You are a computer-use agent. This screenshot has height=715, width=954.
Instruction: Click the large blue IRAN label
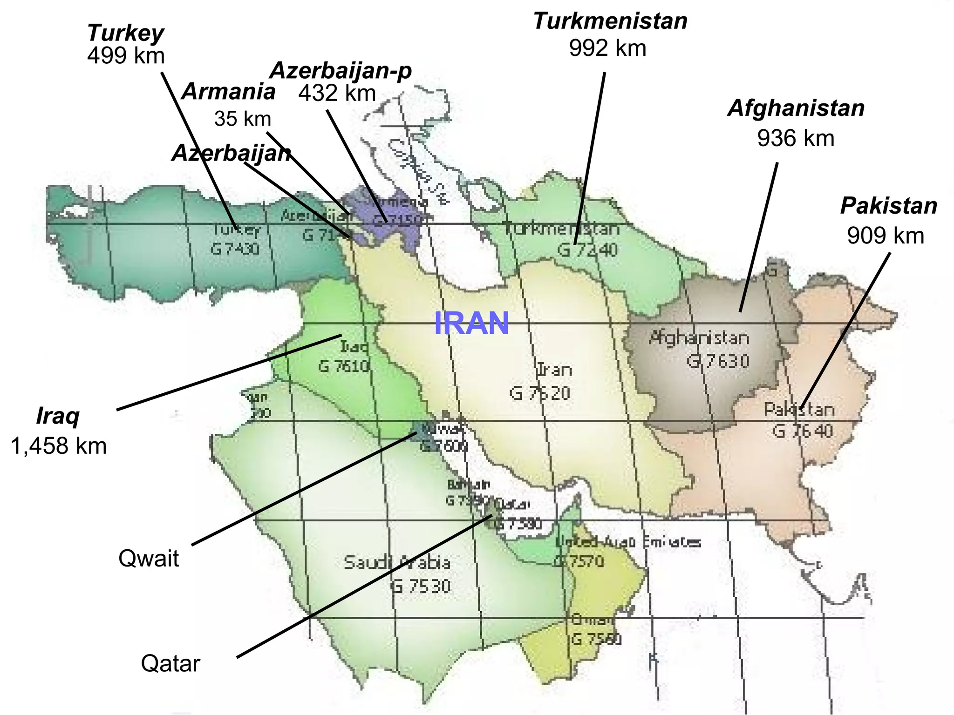pos(471,324)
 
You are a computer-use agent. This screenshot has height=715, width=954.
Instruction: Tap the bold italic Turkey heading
pos(125,33)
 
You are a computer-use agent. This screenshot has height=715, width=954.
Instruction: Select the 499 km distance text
pos(126,56)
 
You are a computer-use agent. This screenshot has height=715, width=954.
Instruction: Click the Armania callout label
pos(228,92)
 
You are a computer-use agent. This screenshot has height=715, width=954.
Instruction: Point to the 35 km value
pos(242,119)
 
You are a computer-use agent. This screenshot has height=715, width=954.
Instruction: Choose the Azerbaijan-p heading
pos(341,71)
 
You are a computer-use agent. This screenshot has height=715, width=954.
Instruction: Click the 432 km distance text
pos(337,93)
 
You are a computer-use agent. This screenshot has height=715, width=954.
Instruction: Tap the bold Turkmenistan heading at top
pos(610,21)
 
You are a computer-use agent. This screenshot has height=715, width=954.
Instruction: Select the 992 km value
pos(607,48)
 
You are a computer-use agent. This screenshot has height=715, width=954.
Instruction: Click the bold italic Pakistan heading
pos(888,206)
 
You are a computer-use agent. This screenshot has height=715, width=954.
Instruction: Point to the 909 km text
pos(885,236)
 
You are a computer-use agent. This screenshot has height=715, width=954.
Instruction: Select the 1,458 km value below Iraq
pos(59,446)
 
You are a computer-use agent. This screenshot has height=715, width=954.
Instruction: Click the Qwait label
pos(149,558)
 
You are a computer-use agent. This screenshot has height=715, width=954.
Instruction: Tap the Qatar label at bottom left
pos(170,663)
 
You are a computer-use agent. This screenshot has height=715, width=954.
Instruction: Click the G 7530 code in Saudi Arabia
pos(420,586)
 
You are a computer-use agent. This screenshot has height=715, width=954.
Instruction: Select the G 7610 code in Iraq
pos(344,366)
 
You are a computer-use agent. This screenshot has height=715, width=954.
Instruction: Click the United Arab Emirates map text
pos(628,542)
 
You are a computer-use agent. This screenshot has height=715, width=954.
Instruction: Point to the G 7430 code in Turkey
pos(235,249)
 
